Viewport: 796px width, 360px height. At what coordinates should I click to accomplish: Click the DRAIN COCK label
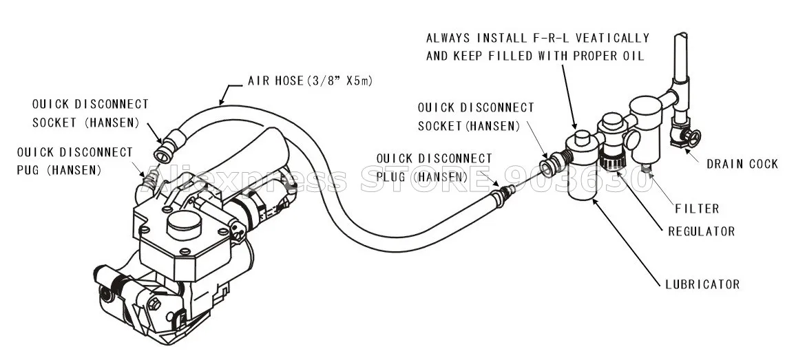[x=742, y=164]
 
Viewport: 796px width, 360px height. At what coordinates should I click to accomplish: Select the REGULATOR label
[x=702, y=231]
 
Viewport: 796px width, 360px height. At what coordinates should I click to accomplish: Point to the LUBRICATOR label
[x=702, y=284]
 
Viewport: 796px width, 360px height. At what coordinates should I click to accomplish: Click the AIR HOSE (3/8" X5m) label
[x=310, y=81]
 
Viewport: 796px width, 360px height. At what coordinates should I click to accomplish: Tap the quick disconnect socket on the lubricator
[x=548, y=167]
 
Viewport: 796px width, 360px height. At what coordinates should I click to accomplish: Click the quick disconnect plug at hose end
[x=507, y=191]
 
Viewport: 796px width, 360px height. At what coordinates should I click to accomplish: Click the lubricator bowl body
[x=582, y=182]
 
